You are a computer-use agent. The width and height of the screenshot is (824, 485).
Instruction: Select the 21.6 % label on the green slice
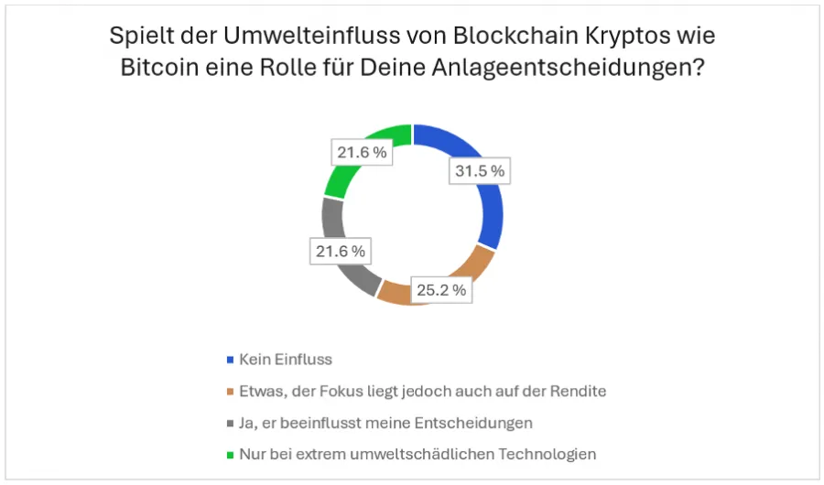(361, 153)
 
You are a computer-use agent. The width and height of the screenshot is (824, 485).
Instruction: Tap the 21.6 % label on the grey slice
(338, 251)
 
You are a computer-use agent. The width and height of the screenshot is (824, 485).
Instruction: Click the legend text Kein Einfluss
(285, 360)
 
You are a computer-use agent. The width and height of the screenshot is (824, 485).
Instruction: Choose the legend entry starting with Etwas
(422, 391)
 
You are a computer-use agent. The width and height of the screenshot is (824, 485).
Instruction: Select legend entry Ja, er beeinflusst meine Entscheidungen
(385, 422)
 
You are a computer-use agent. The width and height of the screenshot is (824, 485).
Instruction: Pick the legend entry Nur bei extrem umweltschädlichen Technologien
(417, 453)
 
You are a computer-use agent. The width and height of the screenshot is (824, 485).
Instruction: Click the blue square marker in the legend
(229, 360)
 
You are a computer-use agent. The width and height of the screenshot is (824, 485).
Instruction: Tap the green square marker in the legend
(229, 454)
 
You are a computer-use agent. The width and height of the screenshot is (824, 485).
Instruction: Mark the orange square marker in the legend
(229, 392)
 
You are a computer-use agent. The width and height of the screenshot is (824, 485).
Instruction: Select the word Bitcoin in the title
(155, 70)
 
